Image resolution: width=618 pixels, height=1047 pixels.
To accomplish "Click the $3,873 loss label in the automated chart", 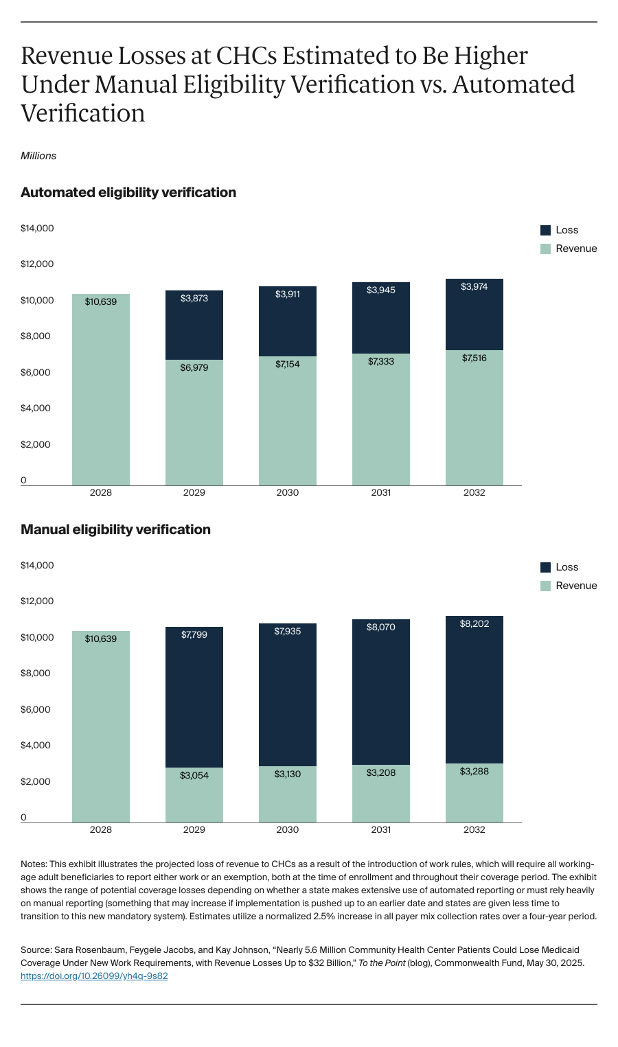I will coord(194,299).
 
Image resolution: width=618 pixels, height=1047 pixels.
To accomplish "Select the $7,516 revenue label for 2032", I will coord(474,358).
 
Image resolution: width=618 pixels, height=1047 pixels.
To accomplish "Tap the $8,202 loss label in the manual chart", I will coord(474,624).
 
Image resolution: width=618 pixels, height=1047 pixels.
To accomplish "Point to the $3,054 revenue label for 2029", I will coord(194,775).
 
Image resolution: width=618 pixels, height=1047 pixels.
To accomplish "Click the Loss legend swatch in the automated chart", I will coord(546,231).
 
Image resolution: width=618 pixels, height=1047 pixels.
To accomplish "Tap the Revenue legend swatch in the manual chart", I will coord(546,586).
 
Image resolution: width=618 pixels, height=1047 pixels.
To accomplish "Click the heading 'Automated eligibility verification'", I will coord(128,193).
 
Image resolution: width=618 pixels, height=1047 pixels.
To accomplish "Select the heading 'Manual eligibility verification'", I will coord(115,530).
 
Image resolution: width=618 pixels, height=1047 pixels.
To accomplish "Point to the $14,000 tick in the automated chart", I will coord(37,229).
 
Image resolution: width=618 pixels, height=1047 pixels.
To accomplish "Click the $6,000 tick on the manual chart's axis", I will coord(36,710).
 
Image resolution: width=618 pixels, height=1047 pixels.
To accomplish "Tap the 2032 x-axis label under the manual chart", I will coord(474,829).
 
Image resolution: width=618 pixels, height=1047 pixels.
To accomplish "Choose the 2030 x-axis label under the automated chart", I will coord(288,492).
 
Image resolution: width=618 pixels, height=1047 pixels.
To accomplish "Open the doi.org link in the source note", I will coord(94,976).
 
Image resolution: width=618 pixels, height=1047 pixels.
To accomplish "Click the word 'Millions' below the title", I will coord(38,156).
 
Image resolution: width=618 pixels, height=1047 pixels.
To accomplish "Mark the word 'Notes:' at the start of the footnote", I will coord(34,864).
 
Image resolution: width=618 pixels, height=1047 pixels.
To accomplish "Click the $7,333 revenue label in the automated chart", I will coord(381,361).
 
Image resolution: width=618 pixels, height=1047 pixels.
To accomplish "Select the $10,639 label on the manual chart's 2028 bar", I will coord(101,639).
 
